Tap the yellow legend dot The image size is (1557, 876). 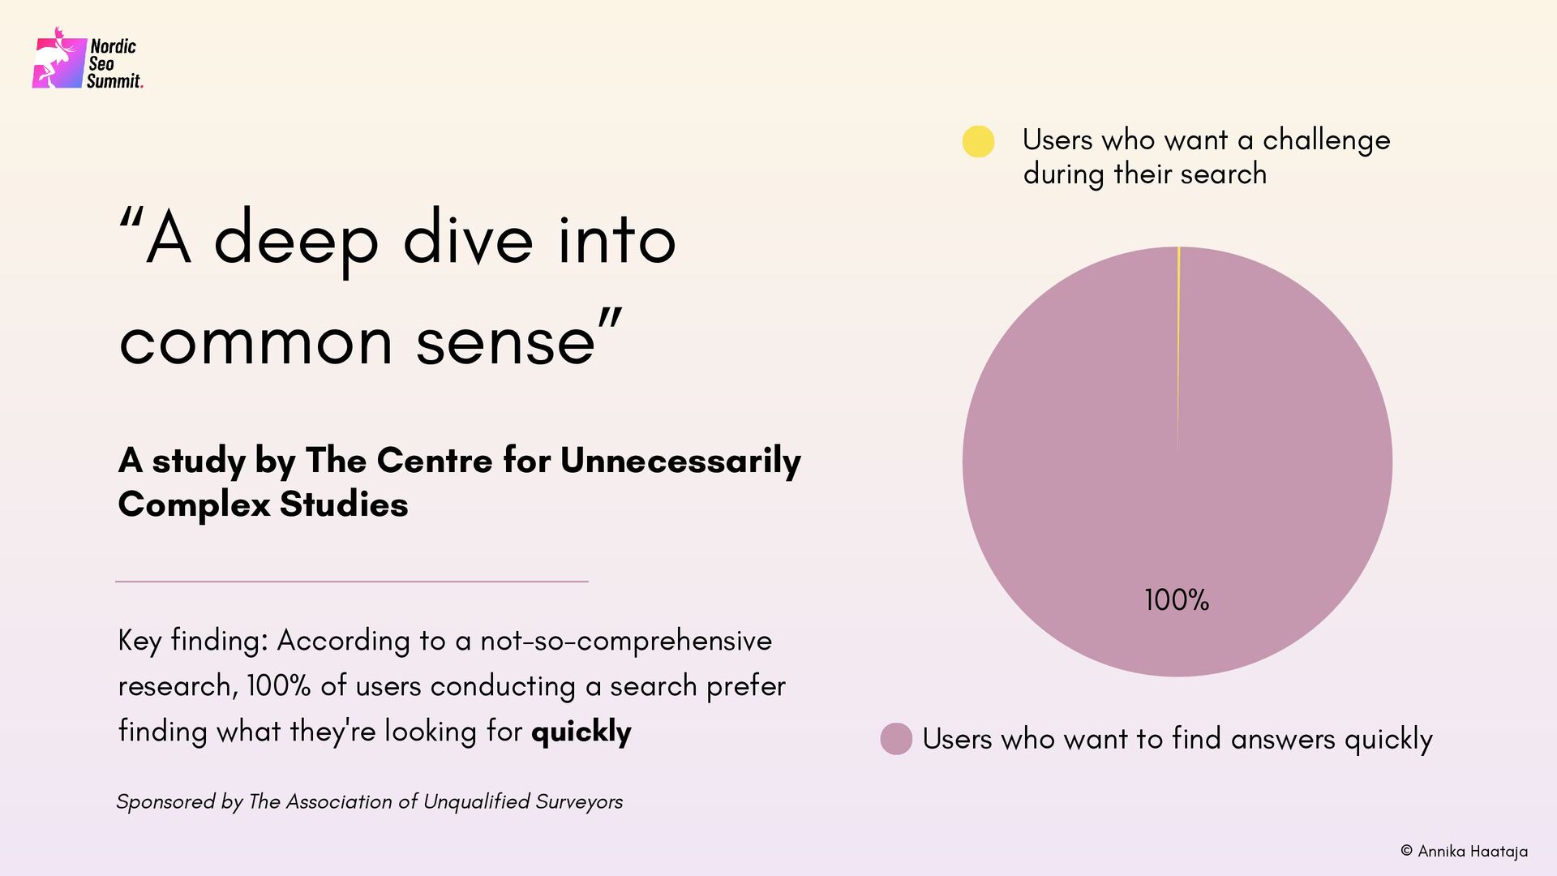pos(978,142)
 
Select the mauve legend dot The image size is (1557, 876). pos(896,739)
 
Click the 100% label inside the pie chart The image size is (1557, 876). pos(1176,600)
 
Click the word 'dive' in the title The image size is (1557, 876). pos(468,240)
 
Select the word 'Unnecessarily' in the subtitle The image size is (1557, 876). pos(680,461)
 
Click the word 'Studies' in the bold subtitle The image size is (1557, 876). pos(344,505)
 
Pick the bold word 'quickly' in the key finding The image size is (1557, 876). pos(581,732)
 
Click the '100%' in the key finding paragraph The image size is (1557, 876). pos(279,686)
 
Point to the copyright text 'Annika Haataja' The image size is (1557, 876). pos(1472,852)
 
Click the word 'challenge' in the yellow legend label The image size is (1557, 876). pos(1326,140)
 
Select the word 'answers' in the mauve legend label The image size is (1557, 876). pos(1283,739)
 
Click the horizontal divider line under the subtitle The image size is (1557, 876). pos(351,581)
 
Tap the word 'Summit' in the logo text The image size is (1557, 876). pos(114,81)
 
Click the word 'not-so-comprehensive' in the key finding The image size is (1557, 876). pos(626,641)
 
